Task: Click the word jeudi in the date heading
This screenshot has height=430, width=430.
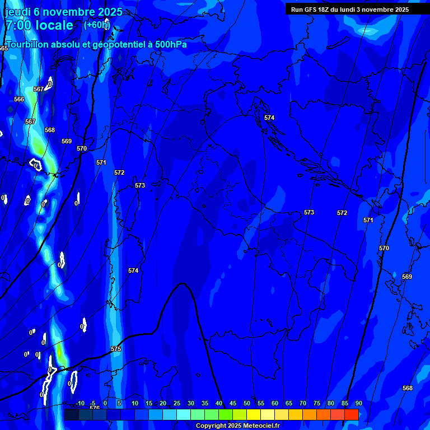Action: point(17,12)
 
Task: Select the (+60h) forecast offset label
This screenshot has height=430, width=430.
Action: point(97,25)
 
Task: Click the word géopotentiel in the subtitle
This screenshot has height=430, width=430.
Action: point(109,45)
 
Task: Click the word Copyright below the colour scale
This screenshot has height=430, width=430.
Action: point(211,426)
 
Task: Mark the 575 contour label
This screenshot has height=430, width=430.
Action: point(116,349)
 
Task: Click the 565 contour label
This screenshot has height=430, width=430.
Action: point(4,49)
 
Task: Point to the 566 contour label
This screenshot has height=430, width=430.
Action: point(19,99)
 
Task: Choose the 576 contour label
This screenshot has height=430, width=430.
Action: point(95,408)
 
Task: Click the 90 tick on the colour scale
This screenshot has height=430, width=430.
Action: point(358,403)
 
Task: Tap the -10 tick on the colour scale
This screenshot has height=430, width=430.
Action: point(80,403)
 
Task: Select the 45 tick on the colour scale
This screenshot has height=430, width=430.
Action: point(232,403)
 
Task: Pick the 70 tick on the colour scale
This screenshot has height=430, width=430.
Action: point(302,403)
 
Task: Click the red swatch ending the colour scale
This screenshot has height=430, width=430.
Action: point(351,414)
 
